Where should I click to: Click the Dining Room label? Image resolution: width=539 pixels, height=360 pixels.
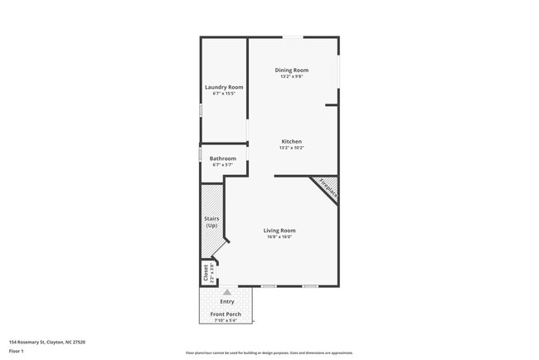(292, 71)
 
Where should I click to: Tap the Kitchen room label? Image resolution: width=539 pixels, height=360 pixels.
(292, 142)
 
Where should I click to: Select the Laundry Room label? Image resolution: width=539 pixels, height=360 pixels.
(224, 87)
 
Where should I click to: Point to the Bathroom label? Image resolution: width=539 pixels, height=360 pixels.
(222, 158)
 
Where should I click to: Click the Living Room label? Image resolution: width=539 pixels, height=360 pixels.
(279, 231)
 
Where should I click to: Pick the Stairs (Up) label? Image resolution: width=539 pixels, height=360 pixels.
(211, 221)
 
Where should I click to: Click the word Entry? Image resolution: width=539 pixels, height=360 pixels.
(227, 302)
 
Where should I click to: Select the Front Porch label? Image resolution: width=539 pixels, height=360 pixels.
(226, 314)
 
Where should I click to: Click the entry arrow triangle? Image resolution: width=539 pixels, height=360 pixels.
(227, 292)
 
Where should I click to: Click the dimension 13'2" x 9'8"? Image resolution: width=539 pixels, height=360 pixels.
(292, 77)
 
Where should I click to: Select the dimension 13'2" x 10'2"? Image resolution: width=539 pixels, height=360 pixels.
(292, 148)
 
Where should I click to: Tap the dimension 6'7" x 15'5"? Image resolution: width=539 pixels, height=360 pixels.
(224, 94)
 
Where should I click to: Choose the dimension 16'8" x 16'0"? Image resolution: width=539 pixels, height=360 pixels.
(279, 237)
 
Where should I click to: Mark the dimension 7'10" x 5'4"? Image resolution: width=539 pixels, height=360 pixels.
(226, 321)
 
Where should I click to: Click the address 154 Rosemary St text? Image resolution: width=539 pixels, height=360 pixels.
(47, 341)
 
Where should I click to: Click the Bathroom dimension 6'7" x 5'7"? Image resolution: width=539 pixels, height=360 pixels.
(222, 165)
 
